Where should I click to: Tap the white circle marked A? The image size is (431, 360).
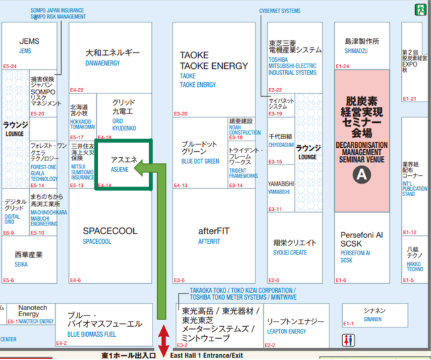[x=361, y=175]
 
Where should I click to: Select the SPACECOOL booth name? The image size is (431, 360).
[x=110, y=231]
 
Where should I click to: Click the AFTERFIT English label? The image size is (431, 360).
[x=209, y=242]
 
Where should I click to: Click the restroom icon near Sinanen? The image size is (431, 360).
[x=349, y=339]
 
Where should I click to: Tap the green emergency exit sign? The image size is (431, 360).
[x=420, y=9]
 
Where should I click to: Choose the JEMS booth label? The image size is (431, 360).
[x=26, y=51]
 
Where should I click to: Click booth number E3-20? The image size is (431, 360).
[x=181, y=113]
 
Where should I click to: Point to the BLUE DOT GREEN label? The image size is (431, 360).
[x=200, y=161]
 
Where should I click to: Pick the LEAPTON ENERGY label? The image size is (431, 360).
[x=286, y=331]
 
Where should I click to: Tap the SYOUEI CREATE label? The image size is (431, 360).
[x=290, y=253]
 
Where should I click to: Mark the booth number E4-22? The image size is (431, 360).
[x=77, y=90]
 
